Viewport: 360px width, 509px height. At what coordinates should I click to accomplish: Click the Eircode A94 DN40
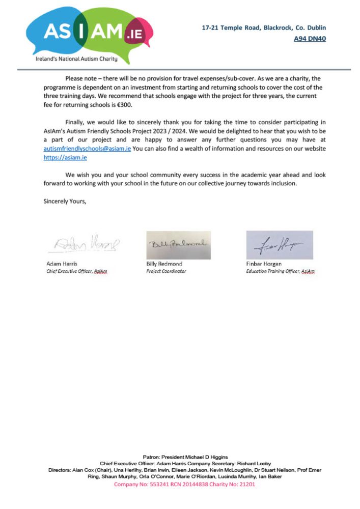click(310, 38)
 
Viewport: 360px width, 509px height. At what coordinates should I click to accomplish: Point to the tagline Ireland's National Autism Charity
click(76, 59)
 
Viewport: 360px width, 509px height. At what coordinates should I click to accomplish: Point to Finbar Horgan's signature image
click(280, 245)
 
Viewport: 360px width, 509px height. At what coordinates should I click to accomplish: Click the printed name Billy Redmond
click(164, 264)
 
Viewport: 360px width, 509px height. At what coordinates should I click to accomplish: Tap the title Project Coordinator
click(166, 271)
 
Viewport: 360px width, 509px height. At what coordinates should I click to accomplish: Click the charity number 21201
click(247, 485)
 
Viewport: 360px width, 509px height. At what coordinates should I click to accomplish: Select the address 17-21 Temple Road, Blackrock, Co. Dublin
click(264, 28)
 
